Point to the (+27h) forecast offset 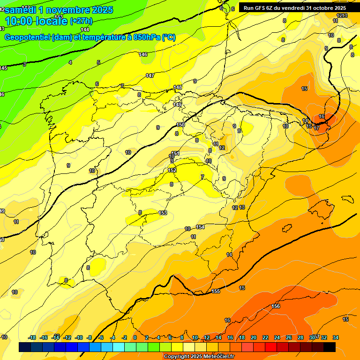81,21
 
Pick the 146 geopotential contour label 143,55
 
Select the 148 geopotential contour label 178,87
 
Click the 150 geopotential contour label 180,125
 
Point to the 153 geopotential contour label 163,213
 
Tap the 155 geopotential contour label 216,292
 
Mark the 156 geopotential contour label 276,306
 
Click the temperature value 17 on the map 317,127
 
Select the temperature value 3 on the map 24,64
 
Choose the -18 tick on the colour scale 32,337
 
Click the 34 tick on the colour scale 336,337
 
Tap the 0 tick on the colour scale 135,337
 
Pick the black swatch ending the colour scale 330,347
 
